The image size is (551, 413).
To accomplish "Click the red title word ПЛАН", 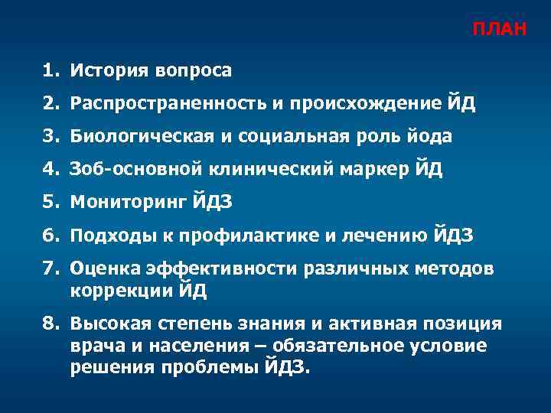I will pyautogui.click(x=499, y=30).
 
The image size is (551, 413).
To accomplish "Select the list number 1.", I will pyautogui.click(x=50, y=71).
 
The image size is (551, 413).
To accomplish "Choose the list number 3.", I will pyautogui.click(x=50, y=136).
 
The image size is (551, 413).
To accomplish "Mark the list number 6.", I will pyautogui.click(x=50, y=235).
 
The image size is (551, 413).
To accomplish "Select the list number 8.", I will pyautogui.click(x=50, y=324).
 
